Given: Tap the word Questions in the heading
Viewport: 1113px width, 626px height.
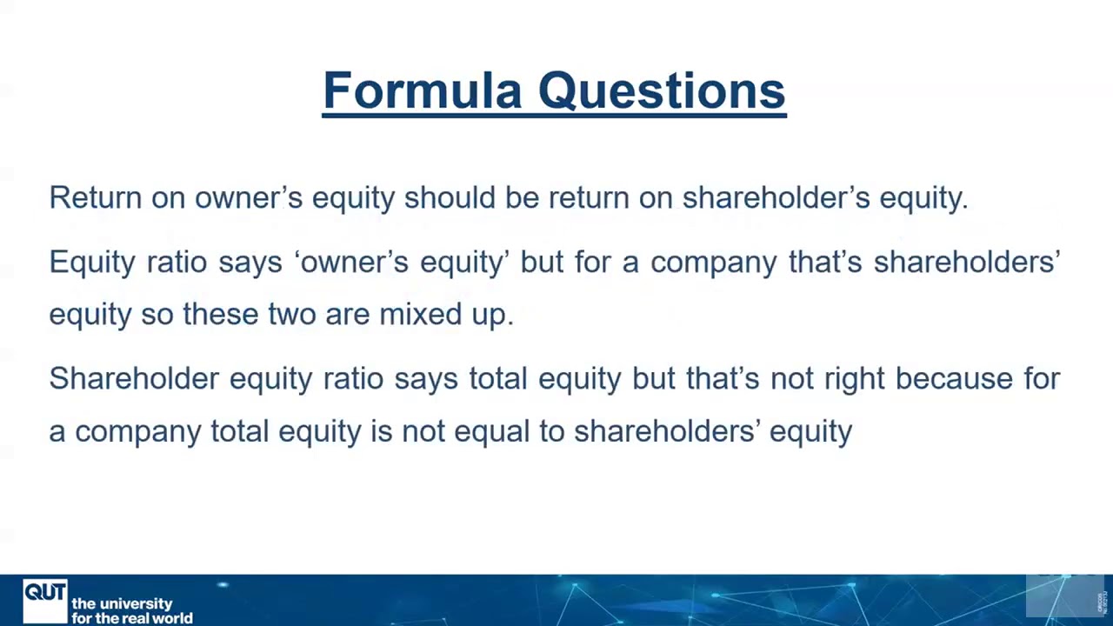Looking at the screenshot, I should pos(662,90).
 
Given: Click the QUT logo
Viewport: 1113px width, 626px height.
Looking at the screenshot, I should pos(45,600).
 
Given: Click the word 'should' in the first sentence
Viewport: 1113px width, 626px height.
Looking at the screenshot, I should pos(450,197).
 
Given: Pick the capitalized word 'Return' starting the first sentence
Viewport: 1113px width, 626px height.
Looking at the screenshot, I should pos(95,197).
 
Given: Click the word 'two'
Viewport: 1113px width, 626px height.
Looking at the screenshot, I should pos(291,314).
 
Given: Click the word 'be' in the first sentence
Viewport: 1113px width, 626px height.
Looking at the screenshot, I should pos(522,197).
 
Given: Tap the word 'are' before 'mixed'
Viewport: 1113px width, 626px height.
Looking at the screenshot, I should pos(347,314).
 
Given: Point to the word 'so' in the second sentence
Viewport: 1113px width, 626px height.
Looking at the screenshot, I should pos(157,314).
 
